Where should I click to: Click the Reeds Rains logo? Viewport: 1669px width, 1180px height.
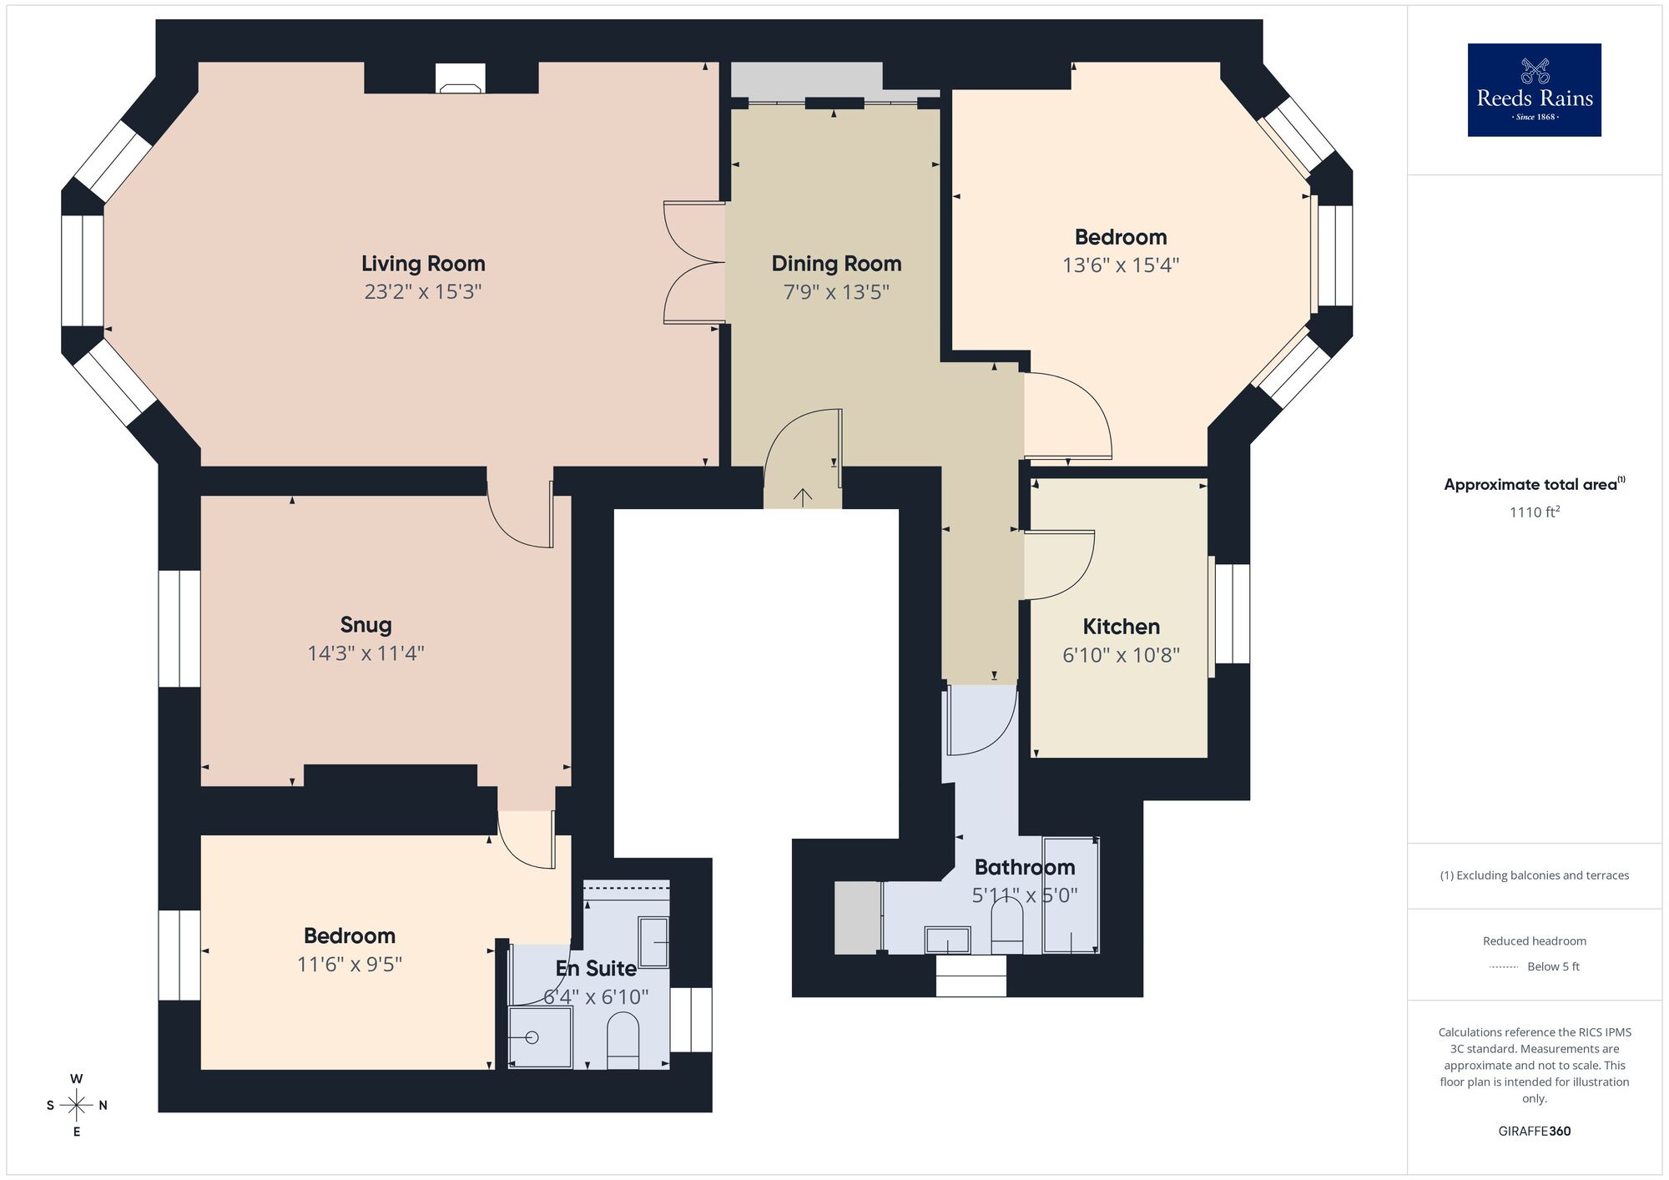[x=1534, y=90]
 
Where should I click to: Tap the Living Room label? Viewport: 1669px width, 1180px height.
[x=423, y=264]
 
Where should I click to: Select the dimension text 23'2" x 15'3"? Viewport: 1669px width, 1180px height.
[x=423, y=292]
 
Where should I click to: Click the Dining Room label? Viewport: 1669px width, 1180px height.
[x=836, y=264]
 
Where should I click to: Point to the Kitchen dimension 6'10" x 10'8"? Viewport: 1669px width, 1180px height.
[x=1121, y=655]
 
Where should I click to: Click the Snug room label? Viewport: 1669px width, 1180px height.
[x=366, y=625]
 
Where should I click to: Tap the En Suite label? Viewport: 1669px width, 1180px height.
[x=596, y=969]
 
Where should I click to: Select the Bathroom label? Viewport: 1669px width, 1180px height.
[x=1025, y=868]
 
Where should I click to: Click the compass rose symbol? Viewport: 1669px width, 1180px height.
[x=77, y=1106]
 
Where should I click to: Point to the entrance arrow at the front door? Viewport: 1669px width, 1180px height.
[x=802, y=498]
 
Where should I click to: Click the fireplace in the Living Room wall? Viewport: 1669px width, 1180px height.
[x=460, y=78]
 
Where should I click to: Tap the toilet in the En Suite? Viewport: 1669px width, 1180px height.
[x=623, y=1040]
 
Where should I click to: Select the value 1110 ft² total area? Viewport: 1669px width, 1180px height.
[x=1534, y=512]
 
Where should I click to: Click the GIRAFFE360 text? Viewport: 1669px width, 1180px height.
[x=1534, y=1132]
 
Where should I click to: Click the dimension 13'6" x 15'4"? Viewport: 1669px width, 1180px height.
[x=1121, y=265]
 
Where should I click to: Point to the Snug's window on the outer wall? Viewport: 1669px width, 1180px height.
[x=179, y=628]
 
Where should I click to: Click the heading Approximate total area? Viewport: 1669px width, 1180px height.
[x=1534, y=485]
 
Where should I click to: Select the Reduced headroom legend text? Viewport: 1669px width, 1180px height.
[x=1534, y=941]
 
